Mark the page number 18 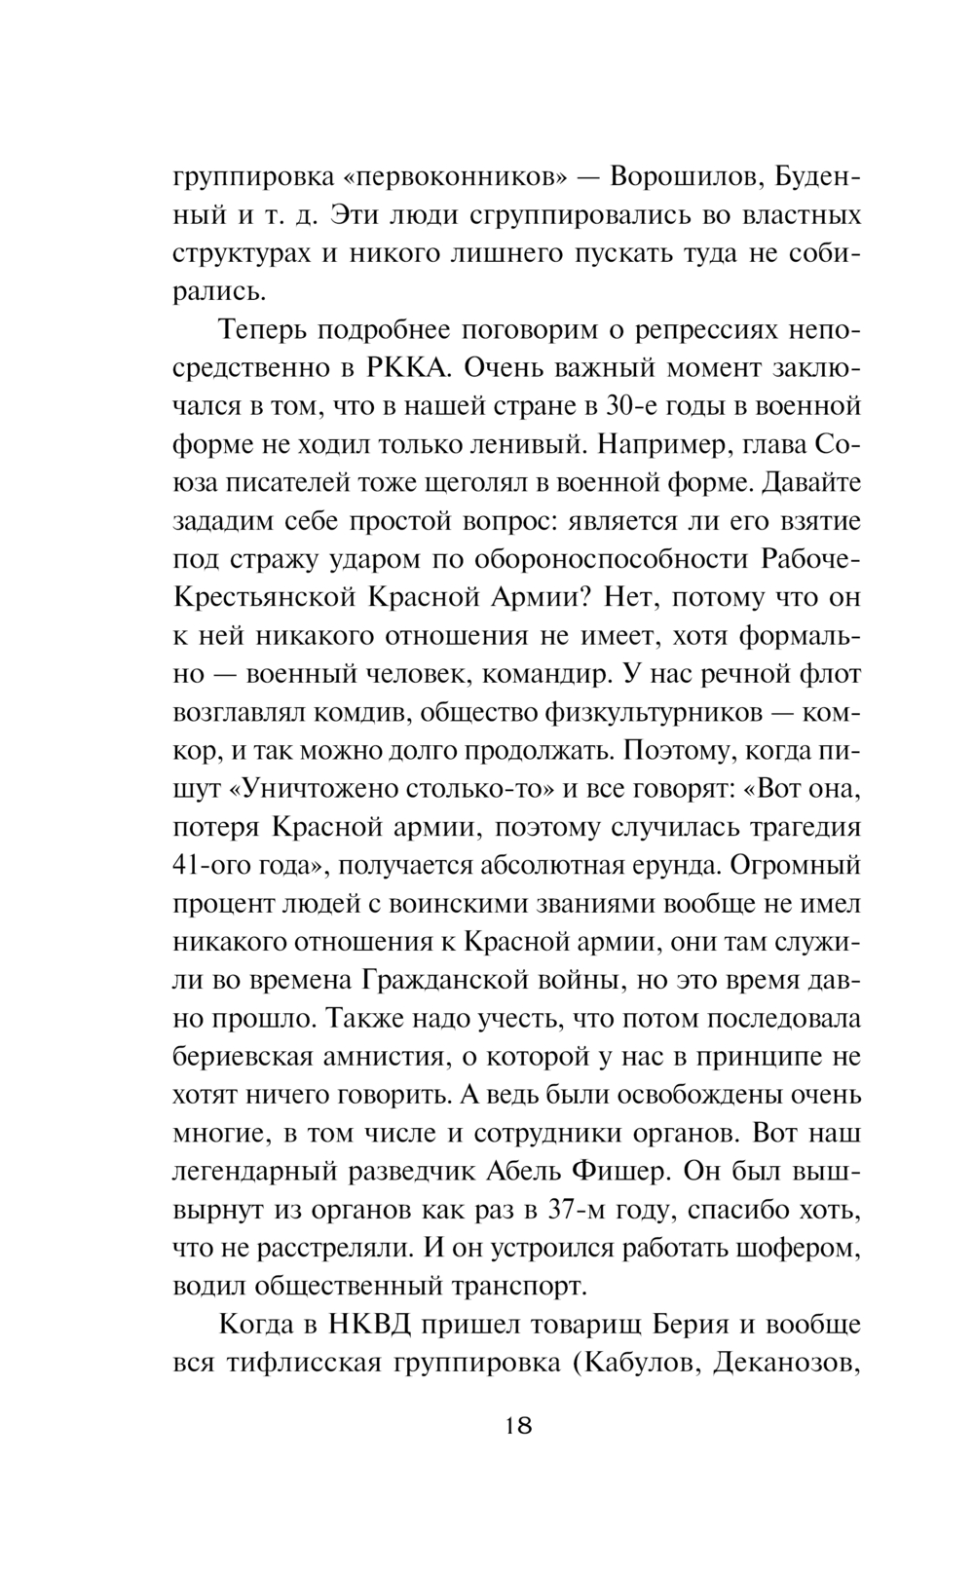518,1426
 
